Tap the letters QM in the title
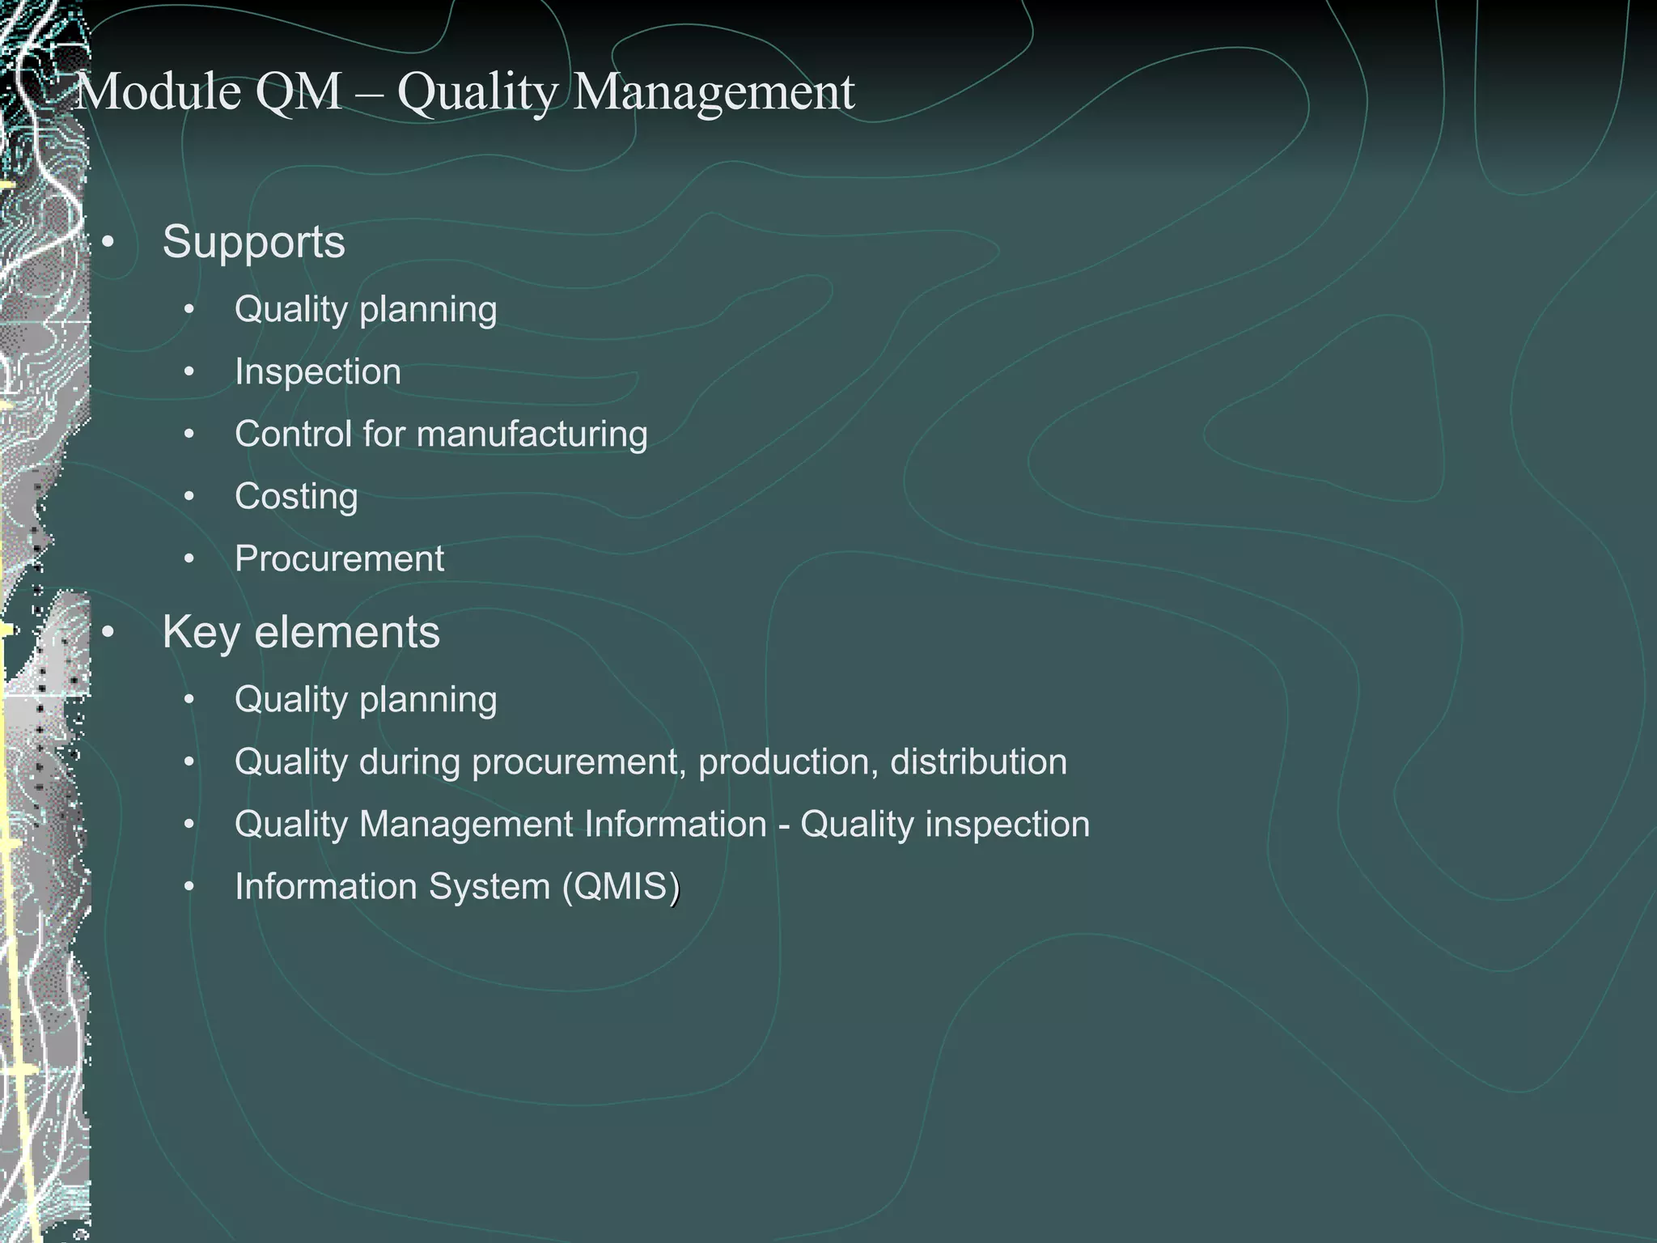pos(298,92)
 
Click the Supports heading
pos(253,242)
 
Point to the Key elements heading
pos(300,632)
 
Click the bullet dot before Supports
pos(108,242)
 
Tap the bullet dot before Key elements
pos(108,632)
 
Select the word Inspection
pos(317,372)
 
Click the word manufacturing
pos(532,435)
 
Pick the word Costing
pos(296,497)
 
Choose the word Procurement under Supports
pos(339,559)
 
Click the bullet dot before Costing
pos(189,497)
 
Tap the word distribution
pos(978,762)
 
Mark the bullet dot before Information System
pos(189,887)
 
